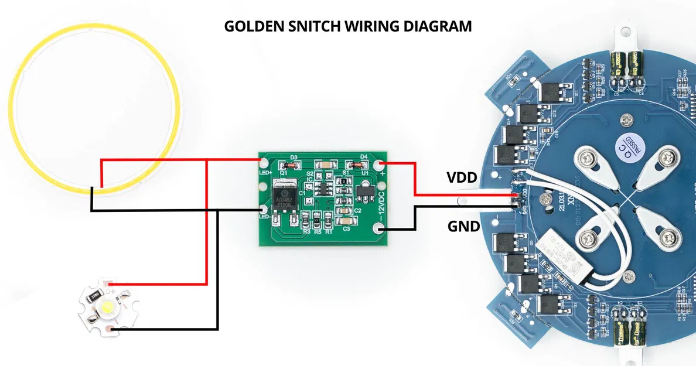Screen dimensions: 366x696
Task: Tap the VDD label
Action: point(462,177)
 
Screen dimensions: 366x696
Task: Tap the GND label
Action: point(464,226)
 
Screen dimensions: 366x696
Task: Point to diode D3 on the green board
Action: point(294,165)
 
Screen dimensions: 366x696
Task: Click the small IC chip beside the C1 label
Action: point(322,187)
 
